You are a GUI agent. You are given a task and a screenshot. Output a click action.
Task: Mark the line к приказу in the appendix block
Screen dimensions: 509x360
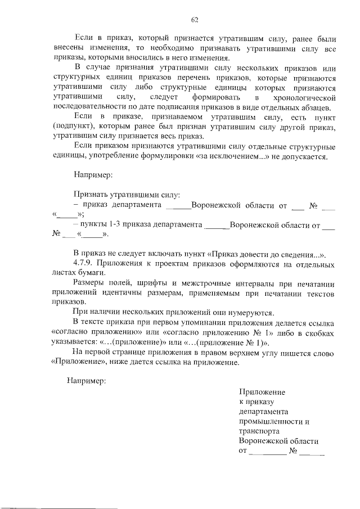(x=256, y=402)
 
